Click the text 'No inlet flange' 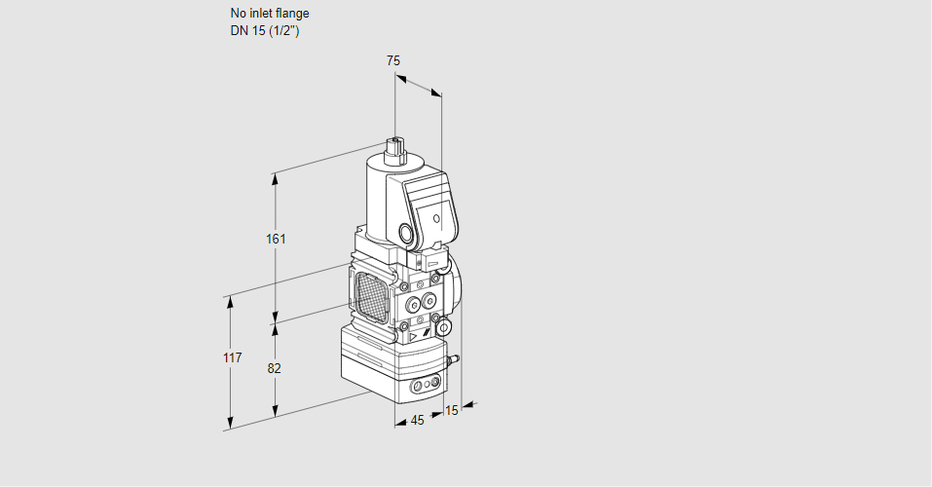click(270, 14)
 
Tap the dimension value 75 click(392, 60)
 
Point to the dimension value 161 click(277, 239)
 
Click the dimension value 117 click(231, 358)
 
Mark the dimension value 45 click(417, 421)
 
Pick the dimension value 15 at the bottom click(450, 410)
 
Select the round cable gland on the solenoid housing click(404, 233)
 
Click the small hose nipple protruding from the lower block click(452, 360)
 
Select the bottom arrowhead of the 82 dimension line click(277, 410)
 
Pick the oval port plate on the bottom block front click(425, 387)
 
